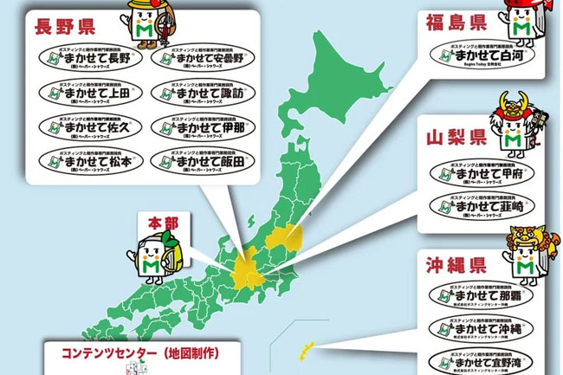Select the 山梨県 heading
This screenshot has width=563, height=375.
click(456, 137)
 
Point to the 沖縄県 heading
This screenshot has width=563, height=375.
click(456, 262)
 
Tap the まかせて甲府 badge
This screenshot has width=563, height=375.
click(482, 171)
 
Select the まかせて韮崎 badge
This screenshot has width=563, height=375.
click(482, 206)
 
